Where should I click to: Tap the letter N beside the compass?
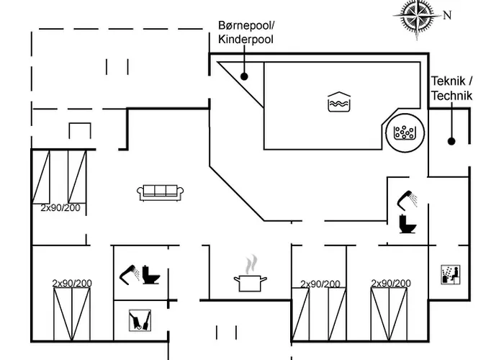click(447, 15)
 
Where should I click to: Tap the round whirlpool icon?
click(405, 133)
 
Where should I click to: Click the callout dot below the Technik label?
click(451, 141)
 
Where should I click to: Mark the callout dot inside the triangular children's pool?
click(244, 76)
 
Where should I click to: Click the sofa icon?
click(161, 192)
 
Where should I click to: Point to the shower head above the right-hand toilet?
click(407, 197)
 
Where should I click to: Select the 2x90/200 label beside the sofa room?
click(60, 208)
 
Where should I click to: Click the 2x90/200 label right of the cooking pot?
click(320, 284)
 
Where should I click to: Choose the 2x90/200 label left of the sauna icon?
click(391, 284)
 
